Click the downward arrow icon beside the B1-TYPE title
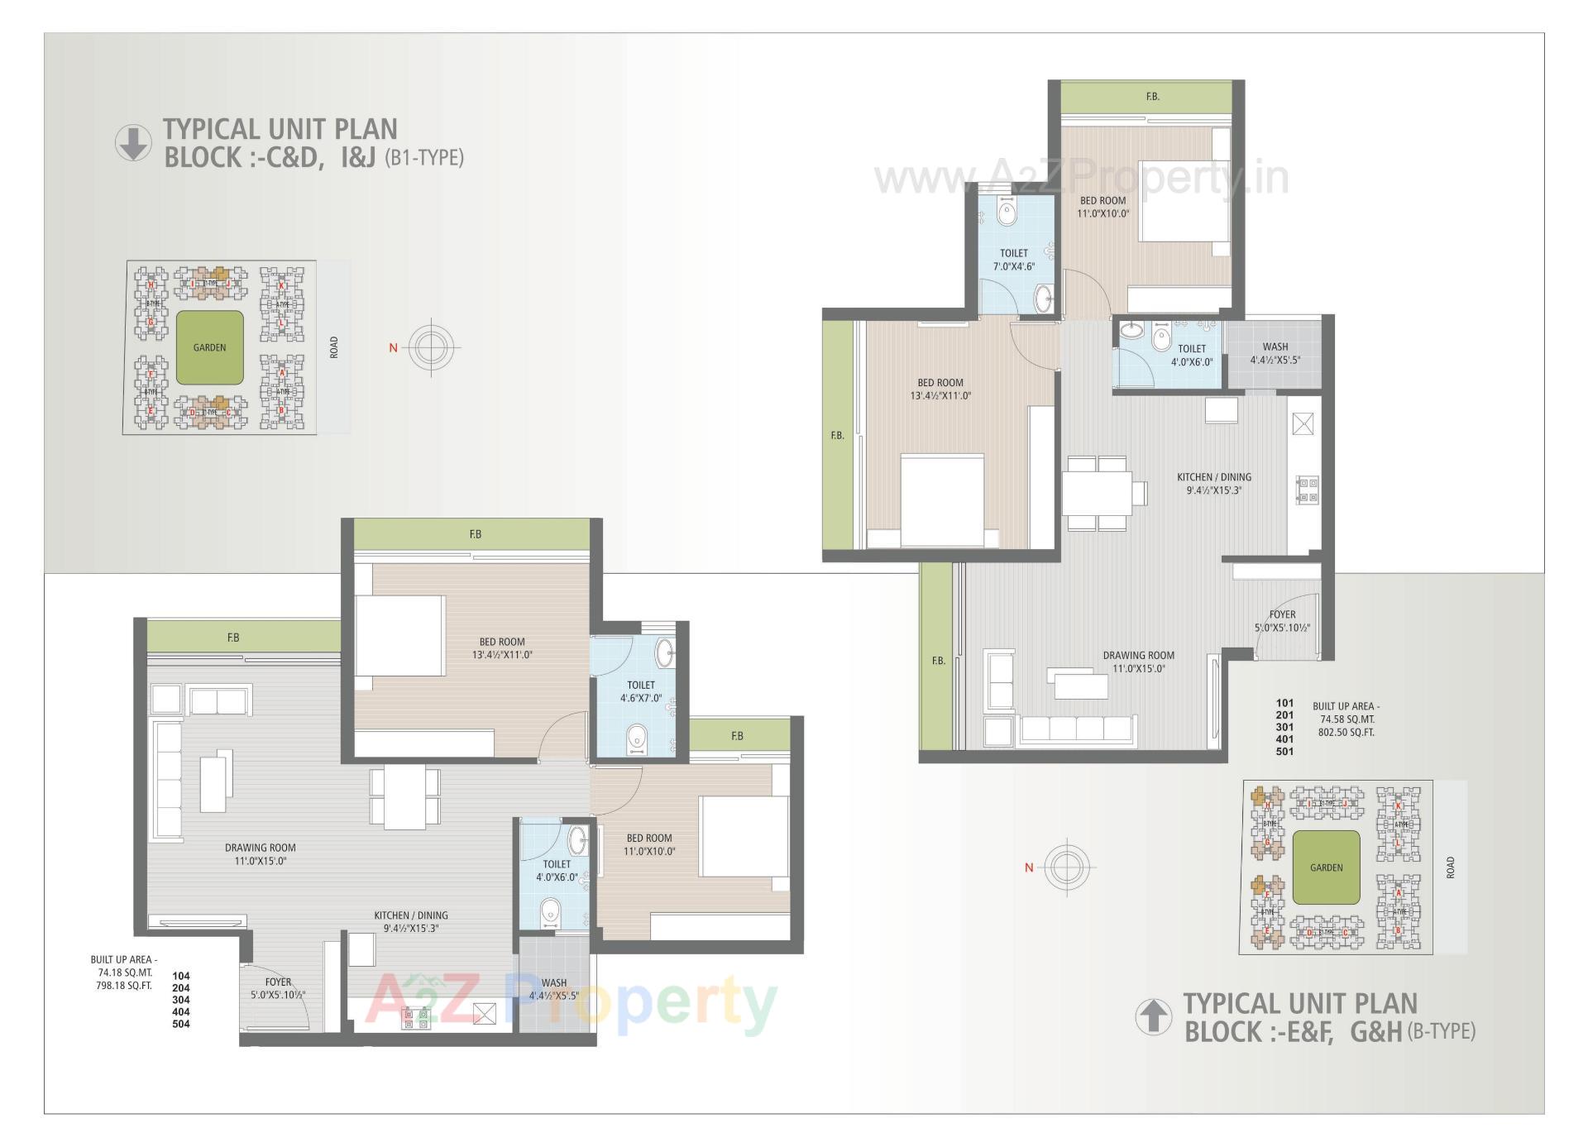click(x=132, y=143)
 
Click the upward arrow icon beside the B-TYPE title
click(x=1153, y=1016)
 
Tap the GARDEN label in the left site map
click(x=209, y=348)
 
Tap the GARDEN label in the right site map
click(x=1326, y=867)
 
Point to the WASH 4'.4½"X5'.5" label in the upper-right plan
click(x=1275, y=354)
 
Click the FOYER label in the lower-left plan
click(x=279, y=988)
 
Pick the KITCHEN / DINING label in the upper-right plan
click(x=1214, y=483)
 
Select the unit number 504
click(x=180, y=1024)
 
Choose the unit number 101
click(x=1284, y=703)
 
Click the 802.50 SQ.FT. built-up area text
click(x=1346, y=733)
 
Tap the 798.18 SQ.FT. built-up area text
click(x=124, y=986)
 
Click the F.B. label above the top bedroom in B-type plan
click(x=1152, y=98)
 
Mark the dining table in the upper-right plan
click(x=1096, y=493)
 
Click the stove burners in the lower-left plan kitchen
click(x=417, y=1018)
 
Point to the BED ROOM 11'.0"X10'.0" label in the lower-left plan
click(x=649, y=844)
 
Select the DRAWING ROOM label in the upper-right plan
click(x=1138, y=662)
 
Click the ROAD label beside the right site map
click(x=1450, y=867)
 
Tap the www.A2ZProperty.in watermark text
click(x=1081, y=178)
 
